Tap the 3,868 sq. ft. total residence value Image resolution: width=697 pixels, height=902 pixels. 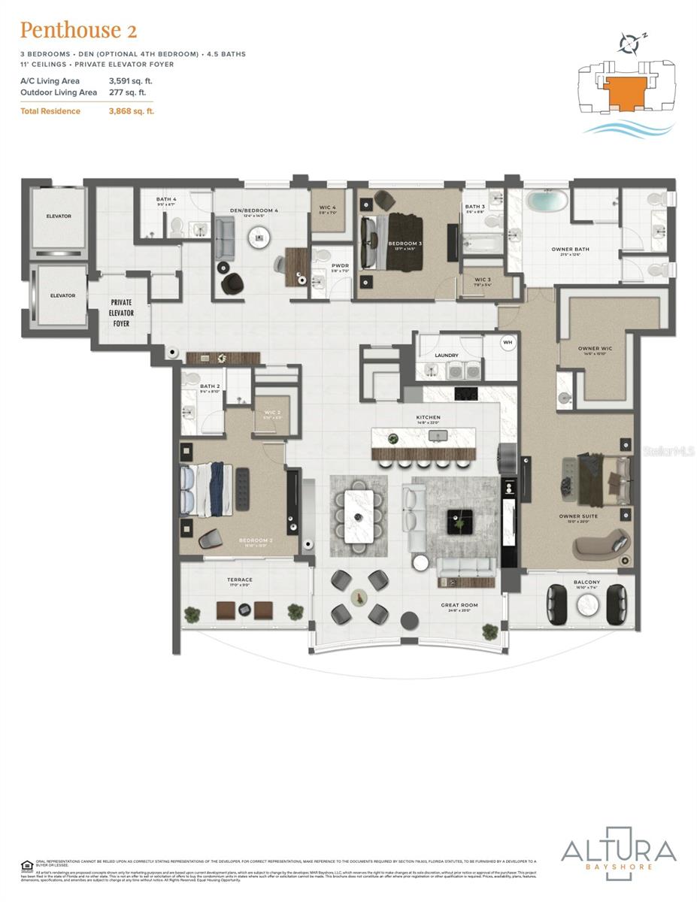click(x=132, y=111)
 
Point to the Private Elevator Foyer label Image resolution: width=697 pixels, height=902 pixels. click(x=122, y=313)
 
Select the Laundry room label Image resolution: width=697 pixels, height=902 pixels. click(x=446, y=356)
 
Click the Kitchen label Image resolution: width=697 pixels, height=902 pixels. click(x=428, y=417)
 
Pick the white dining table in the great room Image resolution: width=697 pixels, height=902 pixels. click(x=358, y=516)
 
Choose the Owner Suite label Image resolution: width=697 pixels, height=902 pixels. click(x=577, y=516)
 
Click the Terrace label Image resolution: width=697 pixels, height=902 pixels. click(x=240, y=580)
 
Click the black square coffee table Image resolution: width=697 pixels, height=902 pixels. click(x=459, y=521)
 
